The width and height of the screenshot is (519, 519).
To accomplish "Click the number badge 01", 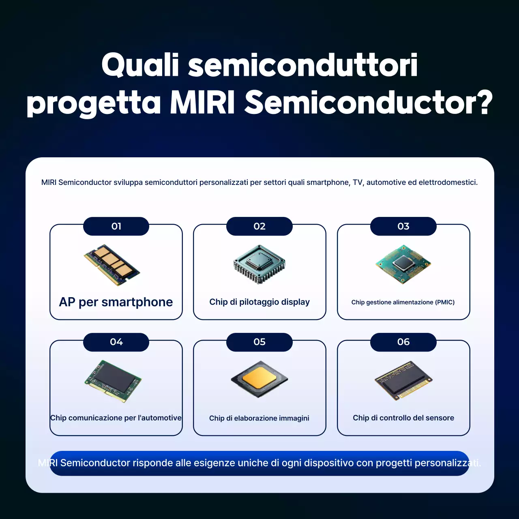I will [116, 226].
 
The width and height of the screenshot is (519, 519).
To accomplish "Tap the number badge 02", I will [259, 226].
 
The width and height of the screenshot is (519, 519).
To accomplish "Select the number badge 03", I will [403, 226].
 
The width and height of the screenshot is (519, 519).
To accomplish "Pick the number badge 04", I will [116, 342].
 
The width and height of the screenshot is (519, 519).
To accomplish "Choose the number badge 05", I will [259, 342].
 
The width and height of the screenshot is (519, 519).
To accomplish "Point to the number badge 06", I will [403, 342].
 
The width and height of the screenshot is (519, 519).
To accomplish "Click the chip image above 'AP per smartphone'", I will [112, 265].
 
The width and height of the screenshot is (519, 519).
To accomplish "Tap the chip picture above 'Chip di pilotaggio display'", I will [259, 264].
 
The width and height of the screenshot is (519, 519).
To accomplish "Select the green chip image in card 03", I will [403, 264].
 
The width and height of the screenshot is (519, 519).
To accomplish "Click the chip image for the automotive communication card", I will [113, 381].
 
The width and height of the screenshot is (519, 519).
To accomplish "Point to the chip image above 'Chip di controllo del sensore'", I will [403, 380].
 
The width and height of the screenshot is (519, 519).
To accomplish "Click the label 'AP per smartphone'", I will [116, 302].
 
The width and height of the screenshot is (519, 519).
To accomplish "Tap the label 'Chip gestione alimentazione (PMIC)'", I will [403, 302].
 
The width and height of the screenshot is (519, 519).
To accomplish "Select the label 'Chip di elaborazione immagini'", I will [259, 418].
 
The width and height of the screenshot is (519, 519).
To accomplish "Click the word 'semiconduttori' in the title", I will [303, 65].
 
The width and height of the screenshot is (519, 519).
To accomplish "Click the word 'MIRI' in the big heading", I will [202, 102].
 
